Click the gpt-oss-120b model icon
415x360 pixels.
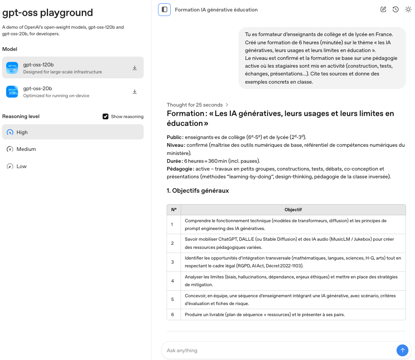(x=12, y=68)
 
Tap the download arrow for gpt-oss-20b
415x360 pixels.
(x=135, y=92)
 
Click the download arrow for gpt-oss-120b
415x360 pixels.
(x=135, y=68)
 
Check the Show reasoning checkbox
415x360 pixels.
(x=105, y=116)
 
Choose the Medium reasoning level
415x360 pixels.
(x=26, y=149)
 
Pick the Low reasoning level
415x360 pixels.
(x=21, y=166)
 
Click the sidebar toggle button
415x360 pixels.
(x=165, y=9)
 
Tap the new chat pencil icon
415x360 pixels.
(x=383, y=9)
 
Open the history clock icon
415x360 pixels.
(x=396, y=9)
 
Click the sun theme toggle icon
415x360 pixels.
(x=408, y=9)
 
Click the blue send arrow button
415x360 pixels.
(x=402, y=350)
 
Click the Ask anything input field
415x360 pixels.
(x=279, y=351)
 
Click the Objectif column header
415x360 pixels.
(x=293, y=210)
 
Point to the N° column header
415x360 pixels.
(x=174, y=210)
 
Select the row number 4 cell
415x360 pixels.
(x=173, y=281)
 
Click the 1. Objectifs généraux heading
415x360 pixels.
(x=198, y=191)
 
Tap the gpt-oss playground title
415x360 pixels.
(x=48, y=13)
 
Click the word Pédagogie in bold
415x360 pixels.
(x=179, y=169)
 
